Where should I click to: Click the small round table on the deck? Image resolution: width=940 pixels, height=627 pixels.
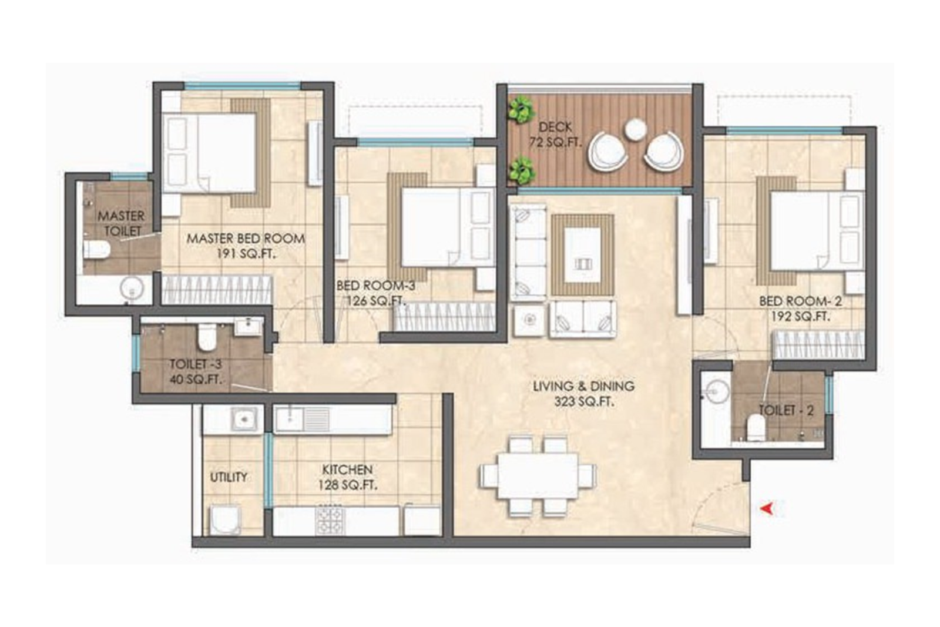[635, 130]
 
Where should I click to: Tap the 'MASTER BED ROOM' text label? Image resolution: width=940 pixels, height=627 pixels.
[246, 239]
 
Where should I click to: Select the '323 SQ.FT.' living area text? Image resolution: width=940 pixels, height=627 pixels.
[583, 403]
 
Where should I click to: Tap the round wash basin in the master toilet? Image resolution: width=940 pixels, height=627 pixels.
[132, 289]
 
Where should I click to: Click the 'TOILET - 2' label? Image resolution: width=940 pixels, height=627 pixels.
[786, 411]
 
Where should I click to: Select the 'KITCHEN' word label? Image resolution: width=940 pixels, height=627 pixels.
[347, 470]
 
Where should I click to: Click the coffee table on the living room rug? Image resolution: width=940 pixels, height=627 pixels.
[582, 255]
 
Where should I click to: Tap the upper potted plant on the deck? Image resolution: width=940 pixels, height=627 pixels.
[521, 110]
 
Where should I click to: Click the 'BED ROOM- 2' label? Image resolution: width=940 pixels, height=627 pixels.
[800, 301]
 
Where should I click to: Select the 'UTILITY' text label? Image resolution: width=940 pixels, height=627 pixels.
[229, 477]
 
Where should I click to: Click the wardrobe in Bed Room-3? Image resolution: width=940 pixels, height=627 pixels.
[444, 317]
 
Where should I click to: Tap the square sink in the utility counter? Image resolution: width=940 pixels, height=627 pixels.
[243, 420]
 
